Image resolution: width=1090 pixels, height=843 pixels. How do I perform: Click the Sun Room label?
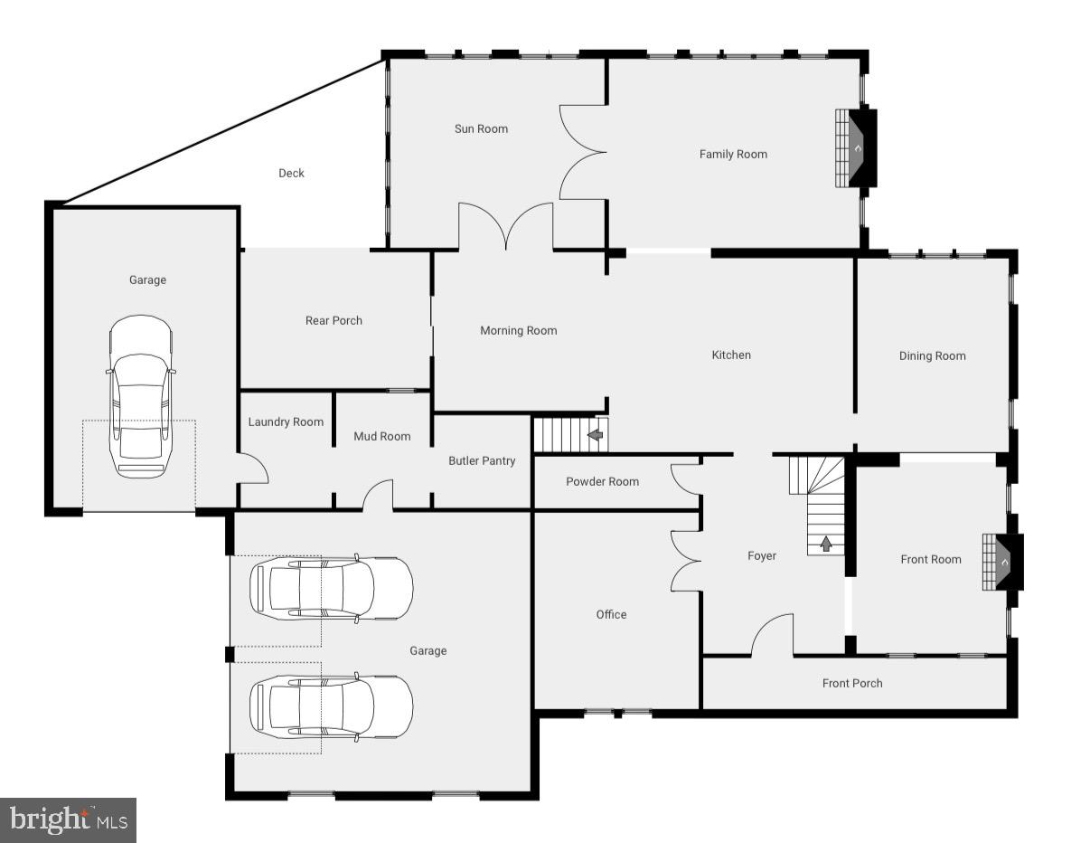pyautogui.click(x=481, y=128)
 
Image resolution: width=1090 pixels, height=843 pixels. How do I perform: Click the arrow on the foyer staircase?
pyautogui.click(x=825, y=544)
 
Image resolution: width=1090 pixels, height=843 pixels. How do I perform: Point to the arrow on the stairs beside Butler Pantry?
pyautogui.click(x=595, y=435)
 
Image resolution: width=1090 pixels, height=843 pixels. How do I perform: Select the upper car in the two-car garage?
pyautogui.click(x=331, y=588)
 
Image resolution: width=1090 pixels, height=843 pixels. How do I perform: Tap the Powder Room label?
pyautogui.click(x=602, y=481)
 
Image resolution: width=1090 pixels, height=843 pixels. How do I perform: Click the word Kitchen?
pyautogui.click(x=731, y=355)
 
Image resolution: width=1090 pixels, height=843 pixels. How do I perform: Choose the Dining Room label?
pyautogui.click(x=932, y=355)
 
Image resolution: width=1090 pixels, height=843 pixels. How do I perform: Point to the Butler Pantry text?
pyautogui.click(x=482, y=460)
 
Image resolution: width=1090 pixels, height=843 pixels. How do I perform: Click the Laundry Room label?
pyautogui.click(x=286, y=421)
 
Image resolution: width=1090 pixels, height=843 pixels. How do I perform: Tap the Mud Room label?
pyautogui.click(x=381, y=436)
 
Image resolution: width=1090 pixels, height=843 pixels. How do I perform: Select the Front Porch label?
pyautogui.click(x=851, y=683)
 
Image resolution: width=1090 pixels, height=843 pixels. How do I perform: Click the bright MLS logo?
pyautogui.click(x=68, y=820)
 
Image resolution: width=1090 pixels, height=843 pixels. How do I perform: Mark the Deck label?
pyautogui.click(x=291, y=173)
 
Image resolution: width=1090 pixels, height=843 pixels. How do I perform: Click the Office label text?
pyautogui.click(x=611, y=614)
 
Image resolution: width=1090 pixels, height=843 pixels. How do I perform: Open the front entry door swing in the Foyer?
pyautogui.click(x=770, y=634)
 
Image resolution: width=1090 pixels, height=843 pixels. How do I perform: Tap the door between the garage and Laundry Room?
pyautogui.click(x=254, y=468)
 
